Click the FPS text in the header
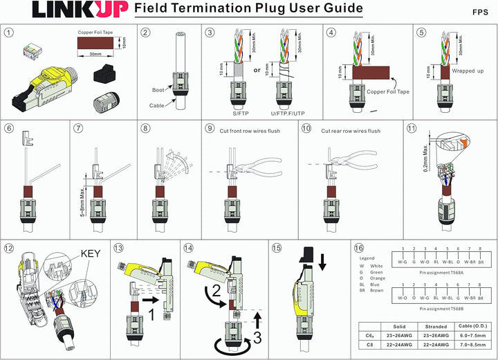[x=481, y=12]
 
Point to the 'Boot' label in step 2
[x=158, y=90]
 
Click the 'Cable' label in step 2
[x=157, y=105]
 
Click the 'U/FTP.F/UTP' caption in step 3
[x=288, y=111]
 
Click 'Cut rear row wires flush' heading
[x=351, y=131]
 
